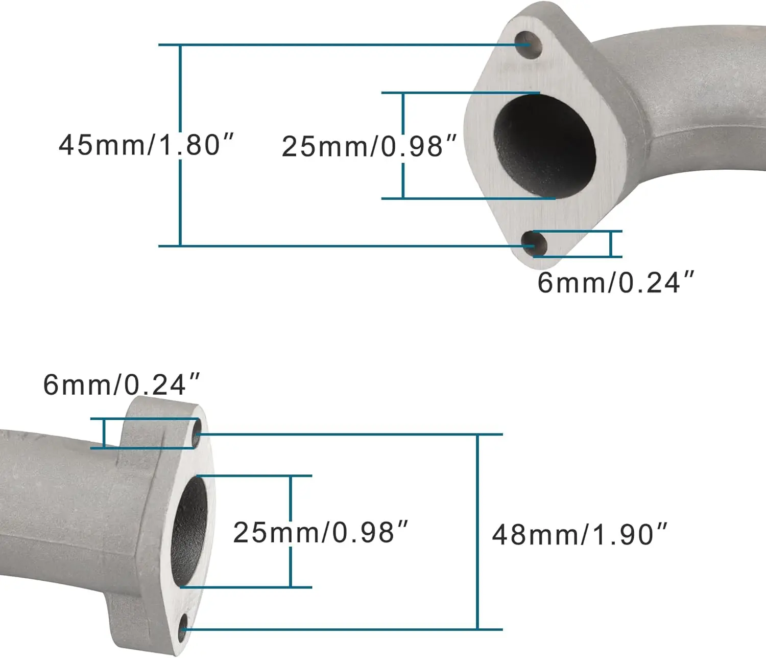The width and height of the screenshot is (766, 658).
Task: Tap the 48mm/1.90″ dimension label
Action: (x=579, y=535)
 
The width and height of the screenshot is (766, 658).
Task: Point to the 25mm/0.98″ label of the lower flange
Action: (x=321, y=533)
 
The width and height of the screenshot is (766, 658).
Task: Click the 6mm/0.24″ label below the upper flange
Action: (x=615, y=282)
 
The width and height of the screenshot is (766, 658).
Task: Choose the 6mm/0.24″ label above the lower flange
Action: (x=122, y=385)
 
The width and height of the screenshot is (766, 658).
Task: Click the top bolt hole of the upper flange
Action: (x=529, y=45)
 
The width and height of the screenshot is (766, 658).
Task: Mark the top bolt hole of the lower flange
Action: (x=196, y=434)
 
